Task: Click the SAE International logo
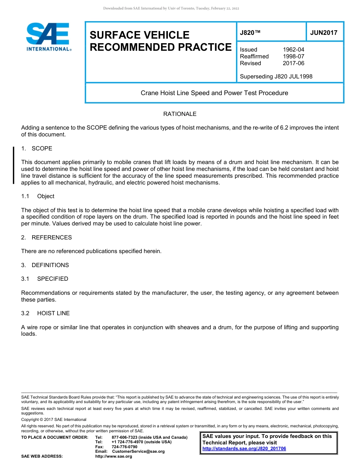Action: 49,37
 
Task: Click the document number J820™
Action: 250,33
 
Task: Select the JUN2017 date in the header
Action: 324,33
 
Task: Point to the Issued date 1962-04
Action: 293,50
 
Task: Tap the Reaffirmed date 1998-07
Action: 293,56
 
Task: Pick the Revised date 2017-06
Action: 293,63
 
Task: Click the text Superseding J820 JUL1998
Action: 276,77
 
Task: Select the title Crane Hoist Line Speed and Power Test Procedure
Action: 214,93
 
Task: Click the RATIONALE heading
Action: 180,114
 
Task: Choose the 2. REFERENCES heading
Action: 47,238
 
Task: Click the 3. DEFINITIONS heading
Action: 45,265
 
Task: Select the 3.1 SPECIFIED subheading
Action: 45,279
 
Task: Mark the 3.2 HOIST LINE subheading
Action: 45,313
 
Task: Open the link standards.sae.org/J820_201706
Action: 244,449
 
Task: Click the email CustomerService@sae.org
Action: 138,451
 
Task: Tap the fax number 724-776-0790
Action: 124,447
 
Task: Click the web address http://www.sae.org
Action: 114,456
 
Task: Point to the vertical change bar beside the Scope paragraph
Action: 14,166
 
